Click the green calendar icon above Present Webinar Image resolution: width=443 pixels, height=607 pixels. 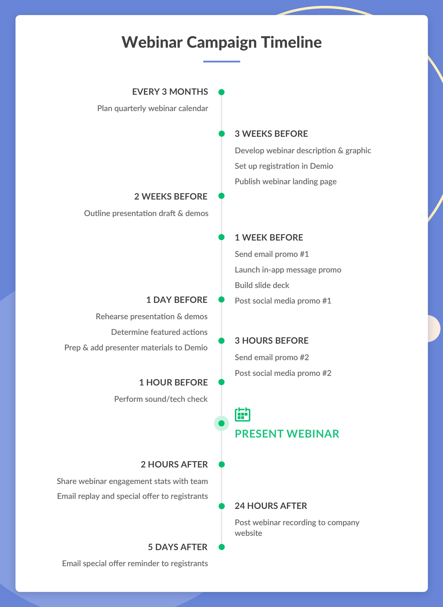(x=242, y=414)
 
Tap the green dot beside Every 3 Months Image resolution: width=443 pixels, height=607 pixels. (x=221, y=92)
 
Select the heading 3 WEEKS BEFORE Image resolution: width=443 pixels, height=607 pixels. (x=271, y=134)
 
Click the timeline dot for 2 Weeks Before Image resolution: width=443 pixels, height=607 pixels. (x=221, y=196)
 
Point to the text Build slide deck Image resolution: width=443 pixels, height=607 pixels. (x=262, y=285)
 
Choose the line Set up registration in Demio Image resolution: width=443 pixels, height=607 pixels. (x=284, y=166)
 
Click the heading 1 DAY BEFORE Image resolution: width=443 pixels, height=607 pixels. (x=177, y=300)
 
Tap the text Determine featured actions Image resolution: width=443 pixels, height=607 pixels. (x=159, y=332)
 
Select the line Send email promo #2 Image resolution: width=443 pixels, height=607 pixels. (x=272, y=357)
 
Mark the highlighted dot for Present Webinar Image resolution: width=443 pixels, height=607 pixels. (x=221, y=423)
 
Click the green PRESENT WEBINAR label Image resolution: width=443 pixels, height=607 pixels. (x=287, y=434)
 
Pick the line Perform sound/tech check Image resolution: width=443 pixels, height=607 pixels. (x=161, y=399)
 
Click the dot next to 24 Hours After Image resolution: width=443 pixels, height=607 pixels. (x=221, y=506)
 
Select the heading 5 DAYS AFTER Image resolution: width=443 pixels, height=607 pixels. (x=178, y=547)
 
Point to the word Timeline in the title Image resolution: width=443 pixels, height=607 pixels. (x=291, y=42)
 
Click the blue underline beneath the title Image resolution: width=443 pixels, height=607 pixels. (x=221, y=62)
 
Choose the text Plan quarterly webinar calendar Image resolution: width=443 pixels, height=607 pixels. (x=153, y=108)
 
